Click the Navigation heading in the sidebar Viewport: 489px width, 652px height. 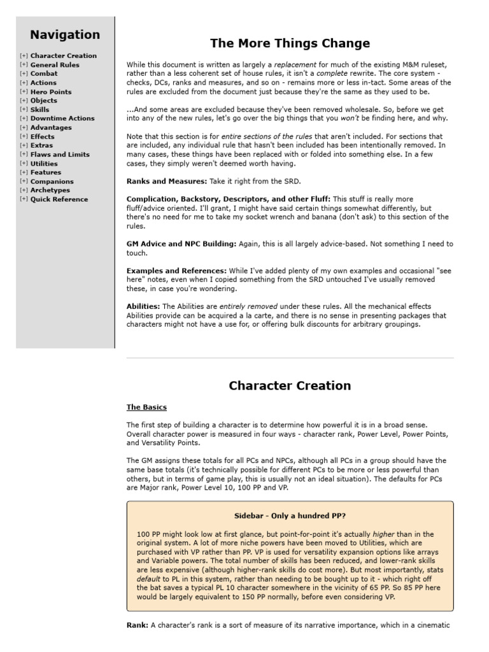[65, 35]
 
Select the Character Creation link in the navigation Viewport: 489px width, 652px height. [64, 56]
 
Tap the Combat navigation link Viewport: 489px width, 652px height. [44, 74]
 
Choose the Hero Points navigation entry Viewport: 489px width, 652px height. [51, 92]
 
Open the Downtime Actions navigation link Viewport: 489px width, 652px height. [62, 118]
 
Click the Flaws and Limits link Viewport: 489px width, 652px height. [60, 154]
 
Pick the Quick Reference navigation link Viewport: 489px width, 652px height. [59, 199]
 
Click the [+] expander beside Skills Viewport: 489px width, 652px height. [24, 110]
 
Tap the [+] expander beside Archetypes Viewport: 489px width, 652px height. [24, 190]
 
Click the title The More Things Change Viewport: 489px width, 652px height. [290, 44]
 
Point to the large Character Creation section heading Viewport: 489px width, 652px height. [290, 386]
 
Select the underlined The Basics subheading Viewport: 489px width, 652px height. [146, 407]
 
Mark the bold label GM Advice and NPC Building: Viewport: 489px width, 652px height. [181, 244]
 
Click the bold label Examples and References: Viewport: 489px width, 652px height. [176, 271]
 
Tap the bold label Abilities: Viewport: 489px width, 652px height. [143, 307]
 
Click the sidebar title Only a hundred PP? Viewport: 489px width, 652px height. [290, 516]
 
